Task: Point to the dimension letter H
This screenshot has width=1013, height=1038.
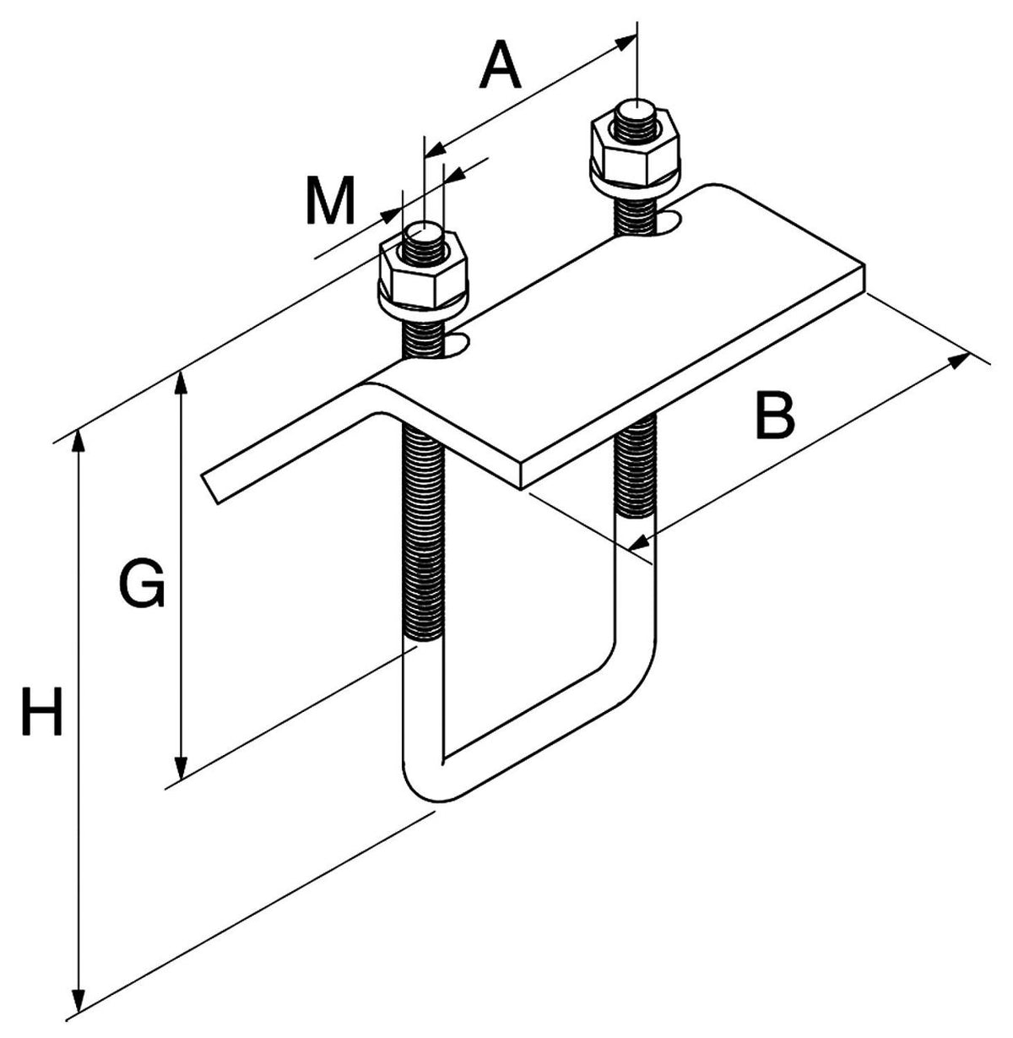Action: [43, 711]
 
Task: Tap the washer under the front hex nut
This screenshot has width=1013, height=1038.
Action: [425, 307]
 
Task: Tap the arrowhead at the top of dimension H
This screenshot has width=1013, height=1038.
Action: [79, 441]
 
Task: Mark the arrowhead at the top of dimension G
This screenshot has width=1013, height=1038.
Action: [181, 384]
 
